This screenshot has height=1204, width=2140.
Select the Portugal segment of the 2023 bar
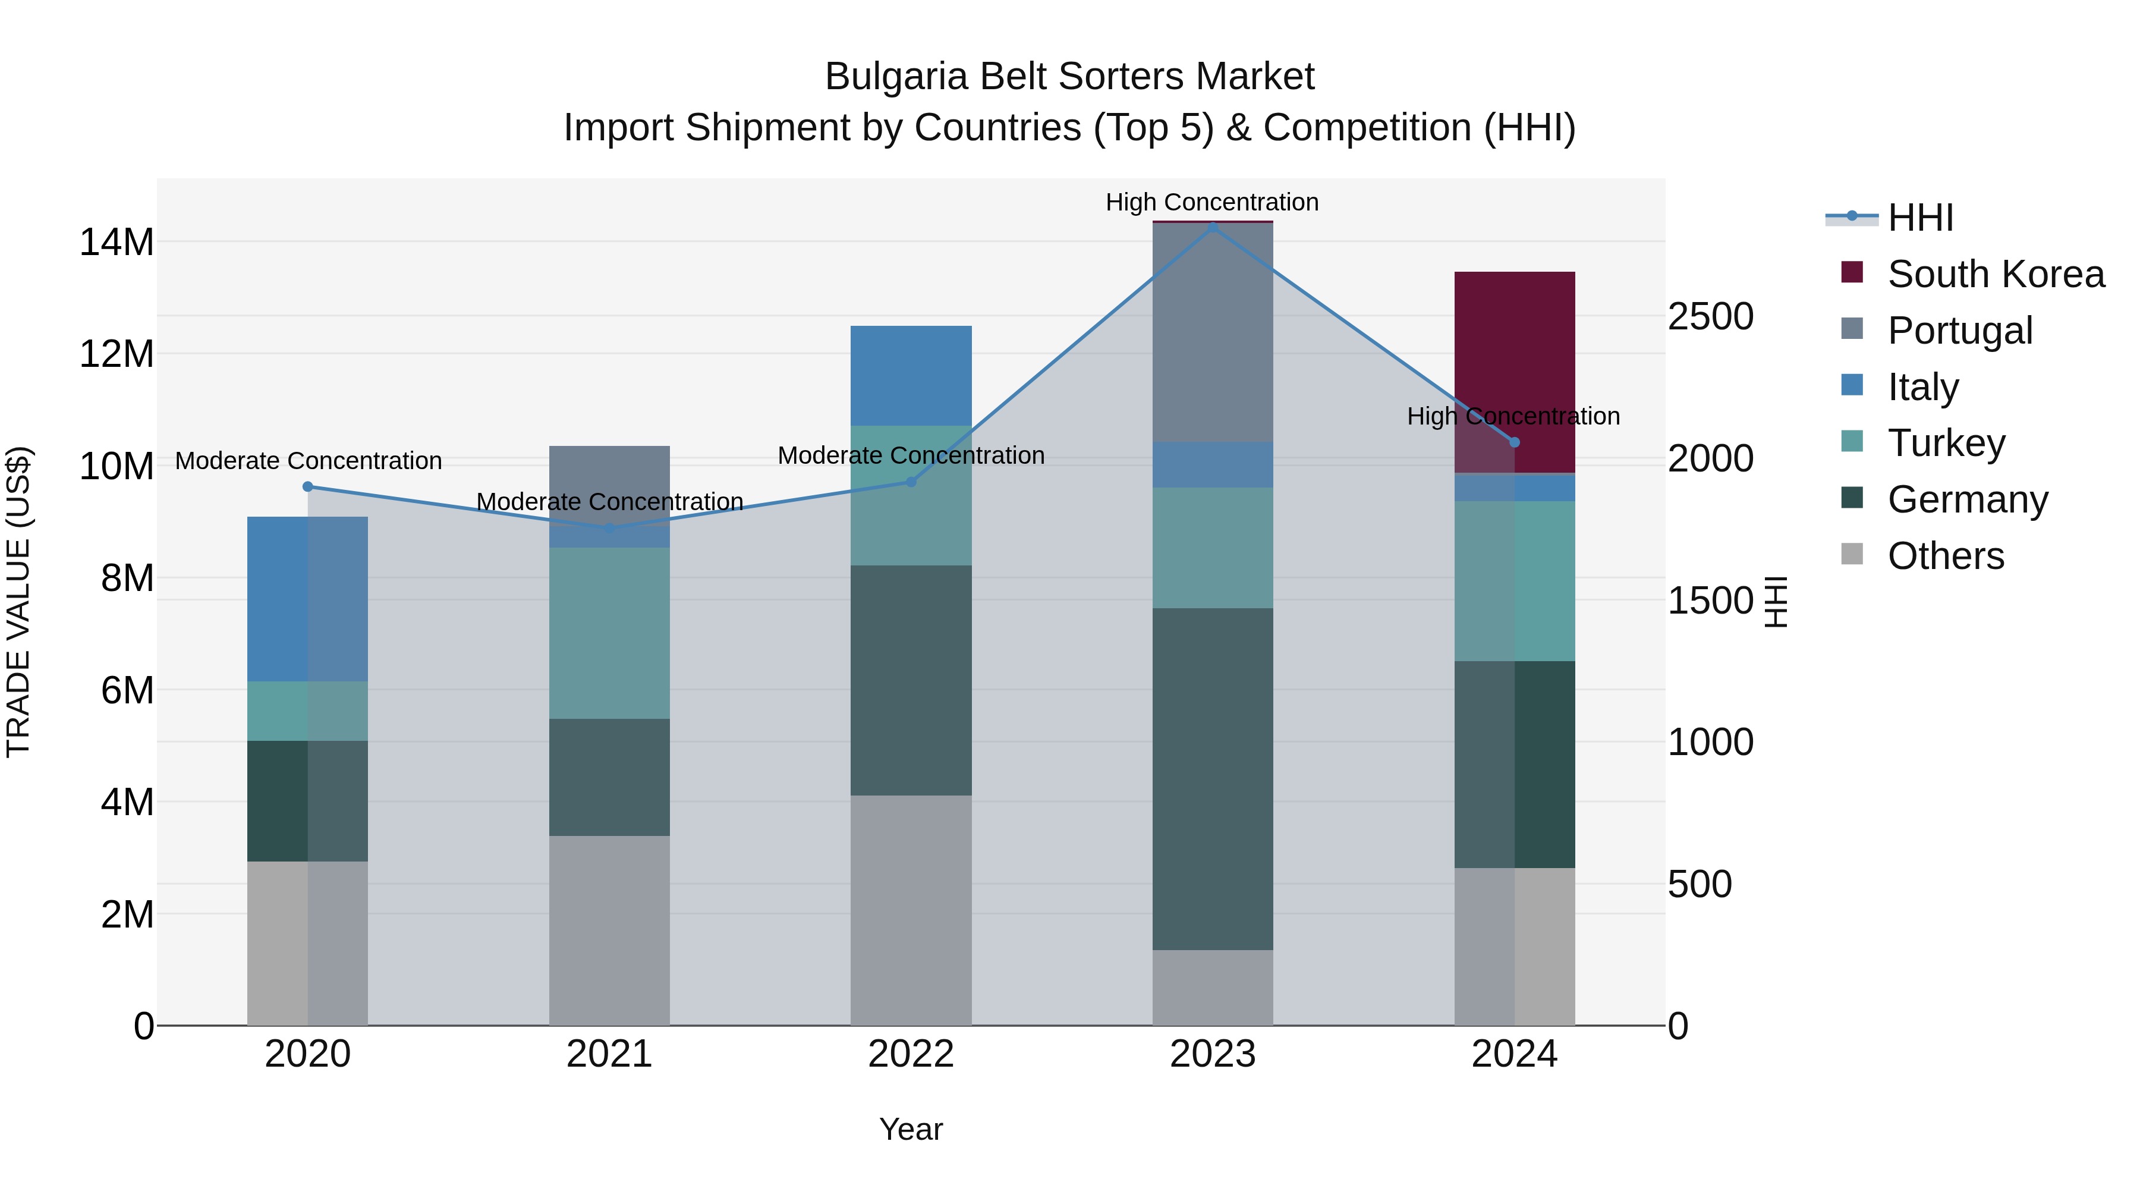1212,332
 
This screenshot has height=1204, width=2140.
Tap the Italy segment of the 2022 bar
911,376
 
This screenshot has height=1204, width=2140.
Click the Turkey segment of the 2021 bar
609,633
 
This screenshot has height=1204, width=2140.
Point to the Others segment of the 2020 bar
307,942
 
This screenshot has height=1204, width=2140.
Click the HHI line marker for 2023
1212,226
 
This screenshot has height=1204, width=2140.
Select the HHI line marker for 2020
307,486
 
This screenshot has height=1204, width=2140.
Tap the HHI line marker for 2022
911,481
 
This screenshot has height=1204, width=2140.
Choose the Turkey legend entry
1946,443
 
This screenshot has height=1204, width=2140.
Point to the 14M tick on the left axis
117,243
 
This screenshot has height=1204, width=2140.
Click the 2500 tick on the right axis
1710,316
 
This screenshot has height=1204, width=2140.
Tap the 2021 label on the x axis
609,1054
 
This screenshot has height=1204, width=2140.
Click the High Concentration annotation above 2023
1212,202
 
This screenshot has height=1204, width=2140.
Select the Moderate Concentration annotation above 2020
308,460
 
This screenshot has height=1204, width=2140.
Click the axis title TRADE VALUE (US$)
18,602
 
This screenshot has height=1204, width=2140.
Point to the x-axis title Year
911,1129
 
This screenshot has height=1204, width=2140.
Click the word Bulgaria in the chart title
896,77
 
